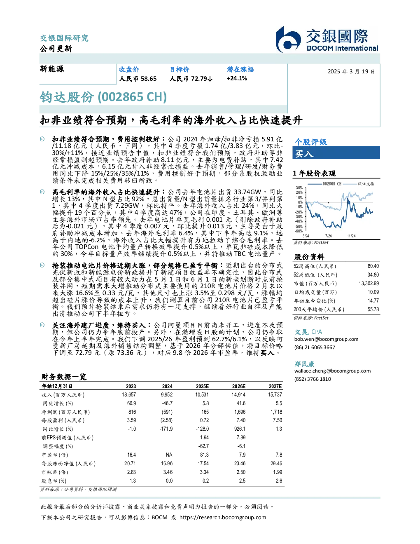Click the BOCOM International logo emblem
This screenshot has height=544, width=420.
pyautogui.click(x=288, y=40)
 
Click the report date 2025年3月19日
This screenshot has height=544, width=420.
pyautogui.click(x=351, y=72)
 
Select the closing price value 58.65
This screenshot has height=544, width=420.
pyautogui.click(x=149, y=79)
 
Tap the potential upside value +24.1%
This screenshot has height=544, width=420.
pyautogui.click(x=237, y=79)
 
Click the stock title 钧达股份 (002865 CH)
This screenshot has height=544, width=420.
pyautogui.click(x=103, y=97)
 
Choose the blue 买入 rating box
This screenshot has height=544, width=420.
pyautogui.click(x=336, y=153)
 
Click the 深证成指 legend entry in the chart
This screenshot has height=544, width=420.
pyautogui.click(x=359, y=184)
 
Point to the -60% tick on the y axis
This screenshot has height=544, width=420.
pyautogui.click(x=299, y=231)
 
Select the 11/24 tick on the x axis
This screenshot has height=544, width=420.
pyautogui.click(x=351, y=236)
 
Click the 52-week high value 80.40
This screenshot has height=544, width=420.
pyautogui.click(x=373, y=266)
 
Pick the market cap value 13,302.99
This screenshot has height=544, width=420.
pyautogui.click(x=369, y=284)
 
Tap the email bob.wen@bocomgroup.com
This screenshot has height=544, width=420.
pyautogui.click(x=326, y=339)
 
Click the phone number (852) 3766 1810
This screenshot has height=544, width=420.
pyautogui.click(x=313, y=379)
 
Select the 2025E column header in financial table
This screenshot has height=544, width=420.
pyautogui.click(x=202, y=386)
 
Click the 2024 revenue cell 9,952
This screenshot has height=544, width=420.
pyautogui.click(x=167, y=394)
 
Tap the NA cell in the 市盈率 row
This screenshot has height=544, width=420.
pyautogui.click(x=169, y=455)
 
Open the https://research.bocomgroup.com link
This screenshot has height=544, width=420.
pyautogui.click(x=223, y=518)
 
